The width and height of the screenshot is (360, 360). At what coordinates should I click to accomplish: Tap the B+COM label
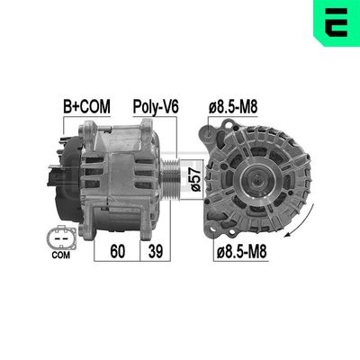(x=86, y=106)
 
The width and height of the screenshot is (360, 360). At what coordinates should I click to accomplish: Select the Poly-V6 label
(x=156, y=106)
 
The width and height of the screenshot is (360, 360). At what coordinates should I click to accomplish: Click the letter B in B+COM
(x=68, y=106)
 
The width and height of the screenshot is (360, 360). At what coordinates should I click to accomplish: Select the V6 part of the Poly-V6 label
(x=169, y=106)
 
